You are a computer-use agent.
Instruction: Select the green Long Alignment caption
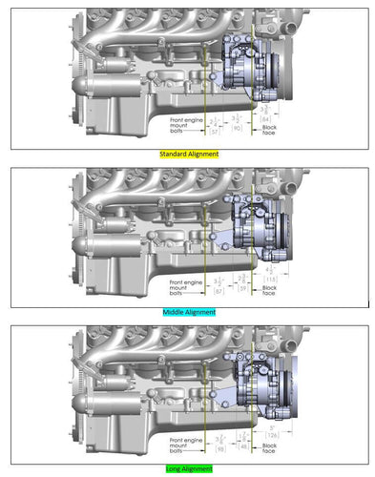[x=187, y=468]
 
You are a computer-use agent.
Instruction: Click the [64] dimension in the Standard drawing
[x=268, y=119]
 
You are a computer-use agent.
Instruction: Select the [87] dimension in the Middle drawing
[x=219, y=290]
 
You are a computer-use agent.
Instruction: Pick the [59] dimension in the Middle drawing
[x=242, y=286]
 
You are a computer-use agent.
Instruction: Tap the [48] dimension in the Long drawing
[x=243, y=445]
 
